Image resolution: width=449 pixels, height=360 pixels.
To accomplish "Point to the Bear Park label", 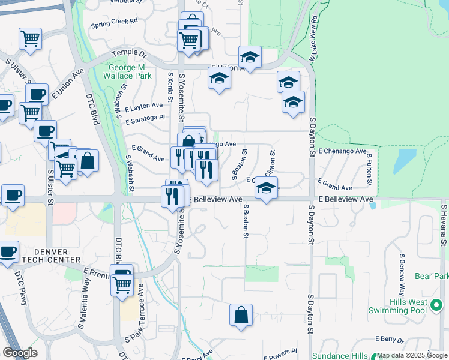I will point(432,277).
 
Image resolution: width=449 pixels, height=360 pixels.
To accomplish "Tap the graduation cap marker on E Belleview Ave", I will point(266,187).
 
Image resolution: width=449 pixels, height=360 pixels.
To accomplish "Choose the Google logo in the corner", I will point(20,352).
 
